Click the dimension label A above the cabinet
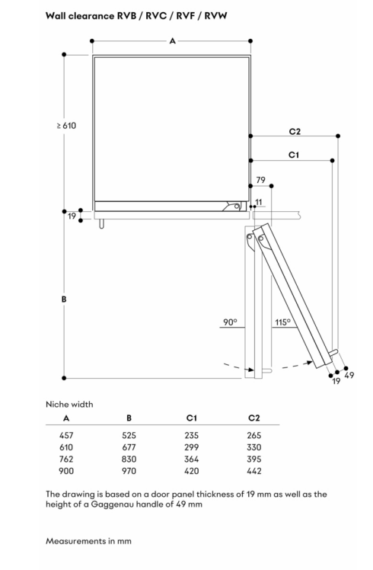173,41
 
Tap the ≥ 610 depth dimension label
66,126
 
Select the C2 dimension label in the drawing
295,131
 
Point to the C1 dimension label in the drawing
294,155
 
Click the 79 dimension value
261,180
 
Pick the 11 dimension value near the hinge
259,202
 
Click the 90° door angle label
230,322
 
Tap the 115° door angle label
283,322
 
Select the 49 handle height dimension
349,375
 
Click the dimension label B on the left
64,299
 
